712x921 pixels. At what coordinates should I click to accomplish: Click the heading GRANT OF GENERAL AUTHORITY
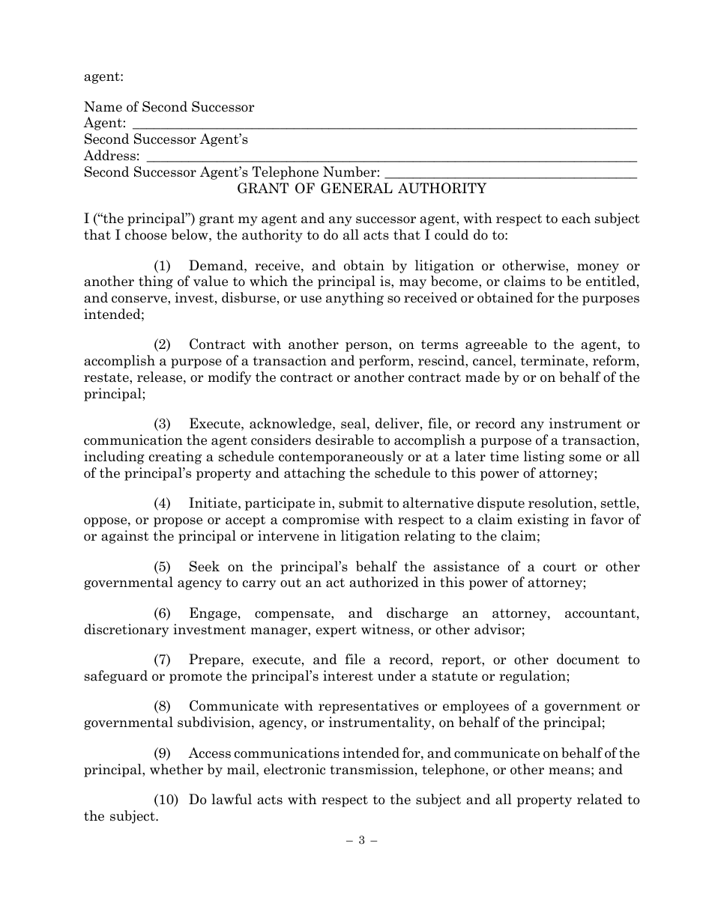click(361, 189)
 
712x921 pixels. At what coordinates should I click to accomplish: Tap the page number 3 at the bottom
click(360, 840)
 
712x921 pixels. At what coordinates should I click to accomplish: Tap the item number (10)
click(166, 800)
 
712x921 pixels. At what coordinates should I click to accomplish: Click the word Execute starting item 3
click(214, 424)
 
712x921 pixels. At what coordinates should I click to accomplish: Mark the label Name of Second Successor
click(169, 107)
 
